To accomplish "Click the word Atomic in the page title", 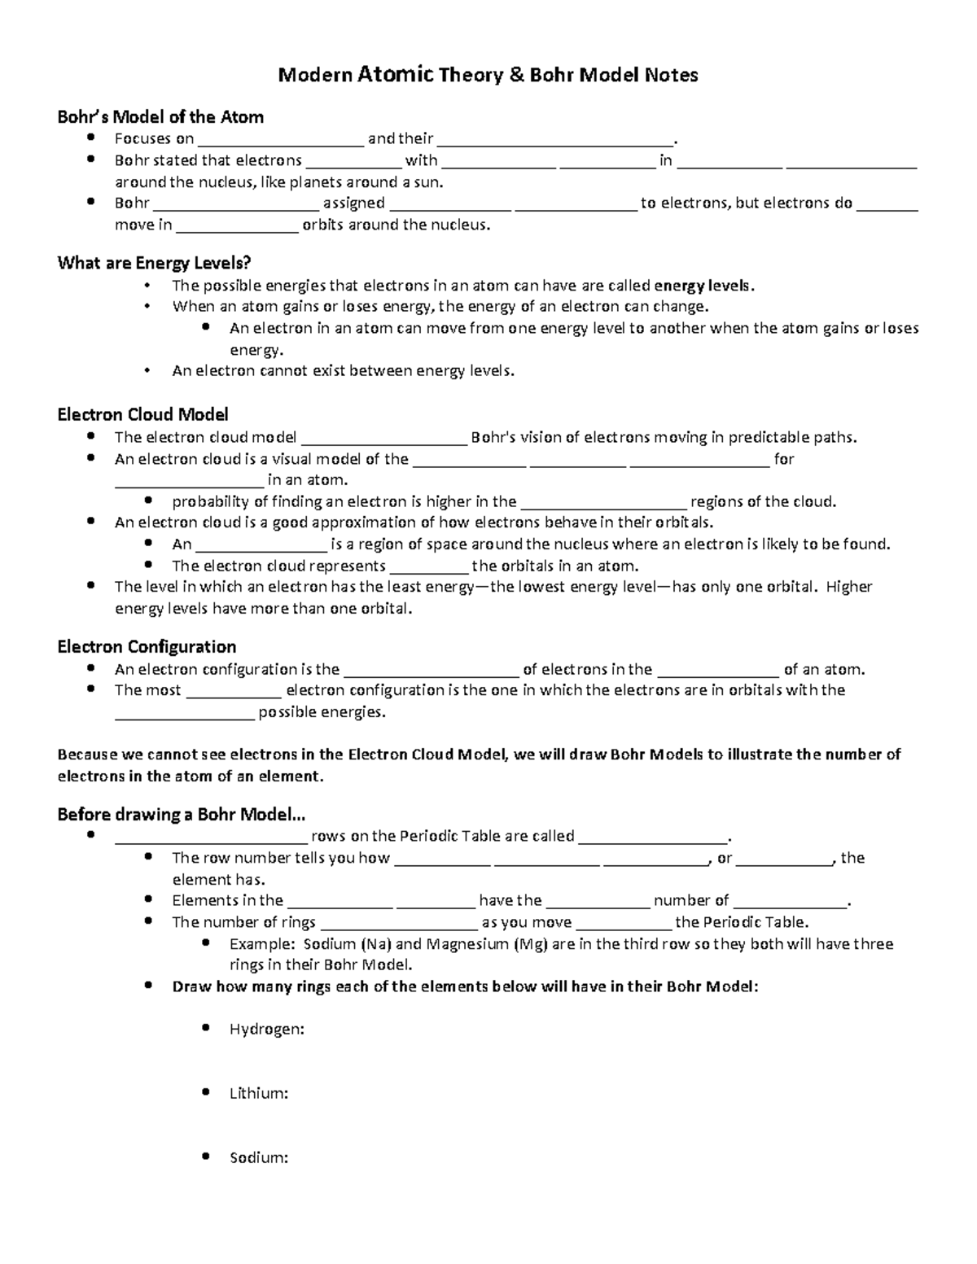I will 395,75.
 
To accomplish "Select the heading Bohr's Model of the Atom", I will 160,117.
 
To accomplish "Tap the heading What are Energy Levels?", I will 154,263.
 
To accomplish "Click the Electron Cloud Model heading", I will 142,415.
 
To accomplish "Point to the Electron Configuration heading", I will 147,647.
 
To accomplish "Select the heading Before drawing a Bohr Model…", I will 181,815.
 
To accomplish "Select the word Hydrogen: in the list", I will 266,1030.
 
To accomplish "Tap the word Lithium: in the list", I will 259,1094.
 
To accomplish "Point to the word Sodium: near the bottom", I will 258,1158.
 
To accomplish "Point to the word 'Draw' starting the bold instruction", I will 190,987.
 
